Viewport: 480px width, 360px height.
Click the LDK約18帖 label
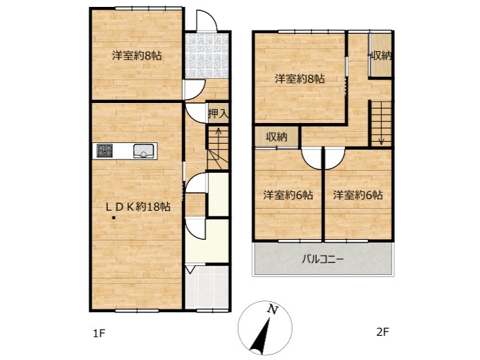138,207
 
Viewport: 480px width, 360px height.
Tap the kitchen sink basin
143,151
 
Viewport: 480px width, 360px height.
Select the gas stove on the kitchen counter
104,151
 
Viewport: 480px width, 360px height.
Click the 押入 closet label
219,113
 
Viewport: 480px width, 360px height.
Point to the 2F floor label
382,332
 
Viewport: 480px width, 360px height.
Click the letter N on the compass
272,310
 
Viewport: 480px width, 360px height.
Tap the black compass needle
260,337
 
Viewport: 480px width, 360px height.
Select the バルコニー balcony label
323,259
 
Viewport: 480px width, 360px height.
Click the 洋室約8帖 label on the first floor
137,56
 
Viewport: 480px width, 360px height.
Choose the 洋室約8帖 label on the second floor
299,79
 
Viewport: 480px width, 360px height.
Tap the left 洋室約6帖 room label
288,195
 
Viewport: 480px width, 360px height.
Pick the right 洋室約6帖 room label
358,195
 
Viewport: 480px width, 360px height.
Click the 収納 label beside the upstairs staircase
381,56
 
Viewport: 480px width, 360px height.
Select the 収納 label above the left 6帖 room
277,137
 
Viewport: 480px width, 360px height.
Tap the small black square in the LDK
113,218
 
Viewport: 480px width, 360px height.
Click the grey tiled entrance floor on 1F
207,55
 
